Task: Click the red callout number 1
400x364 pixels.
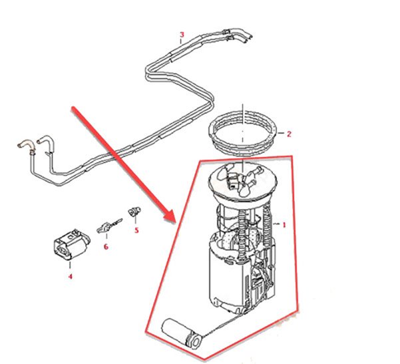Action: [x=284, y=225]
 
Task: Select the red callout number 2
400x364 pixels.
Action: [x=289, y=134]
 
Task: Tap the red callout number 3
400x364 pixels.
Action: [x=182, y=35]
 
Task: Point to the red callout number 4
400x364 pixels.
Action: [x=70, y=276]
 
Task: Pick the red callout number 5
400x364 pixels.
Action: [x=136, y=230]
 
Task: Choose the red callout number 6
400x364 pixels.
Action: [x=106, y=247]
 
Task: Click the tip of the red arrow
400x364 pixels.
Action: [x=174, y=222]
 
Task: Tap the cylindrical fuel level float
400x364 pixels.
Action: [x=182, y=333]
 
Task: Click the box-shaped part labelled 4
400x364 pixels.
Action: [x=72, y=244]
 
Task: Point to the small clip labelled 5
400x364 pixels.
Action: [x=134, y=211]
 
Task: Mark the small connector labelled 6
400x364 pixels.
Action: [x=109, y=225]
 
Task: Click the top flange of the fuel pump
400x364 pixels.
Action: [x=242, y=181]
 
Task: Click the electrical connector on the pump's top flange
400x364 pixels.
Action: [x=233, y=180]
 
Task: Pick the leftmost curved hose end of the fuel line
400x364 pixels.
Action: [x=24, y=144]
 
